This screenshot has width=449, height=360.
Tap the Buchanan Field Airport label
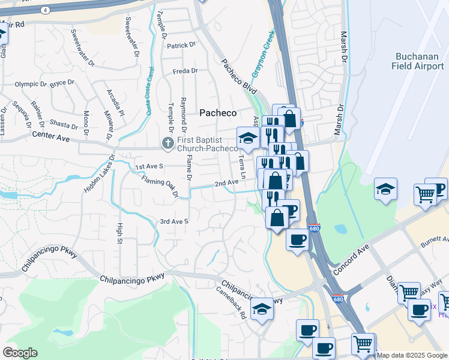tap(420, 61)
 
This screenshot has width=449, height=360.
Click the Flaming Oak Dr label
tap(160, 186)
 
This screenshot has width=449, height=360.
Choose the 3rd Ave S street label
tap(174, 222)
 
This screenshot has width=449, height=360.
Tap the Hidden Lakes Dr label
tap(98, 174)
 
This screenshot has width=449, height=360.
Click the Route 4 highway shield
tap(46, 10)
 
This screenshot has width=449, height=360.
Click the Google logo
tap(20, 353)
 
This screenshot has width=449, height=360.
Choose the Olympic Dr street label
tap(31, 85)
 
